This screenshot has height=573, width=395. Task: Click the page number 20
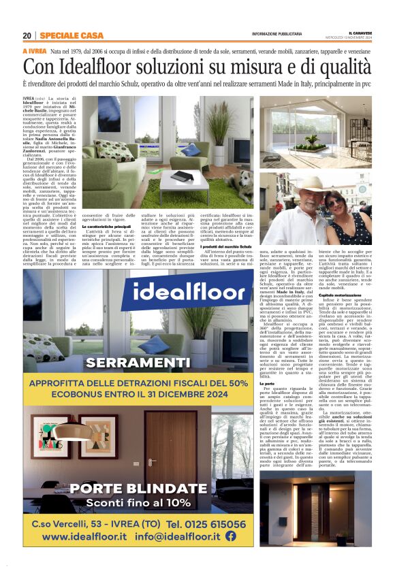pos(27,35)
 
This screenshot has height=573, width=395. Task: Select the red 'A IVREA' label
pos(34,52)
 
